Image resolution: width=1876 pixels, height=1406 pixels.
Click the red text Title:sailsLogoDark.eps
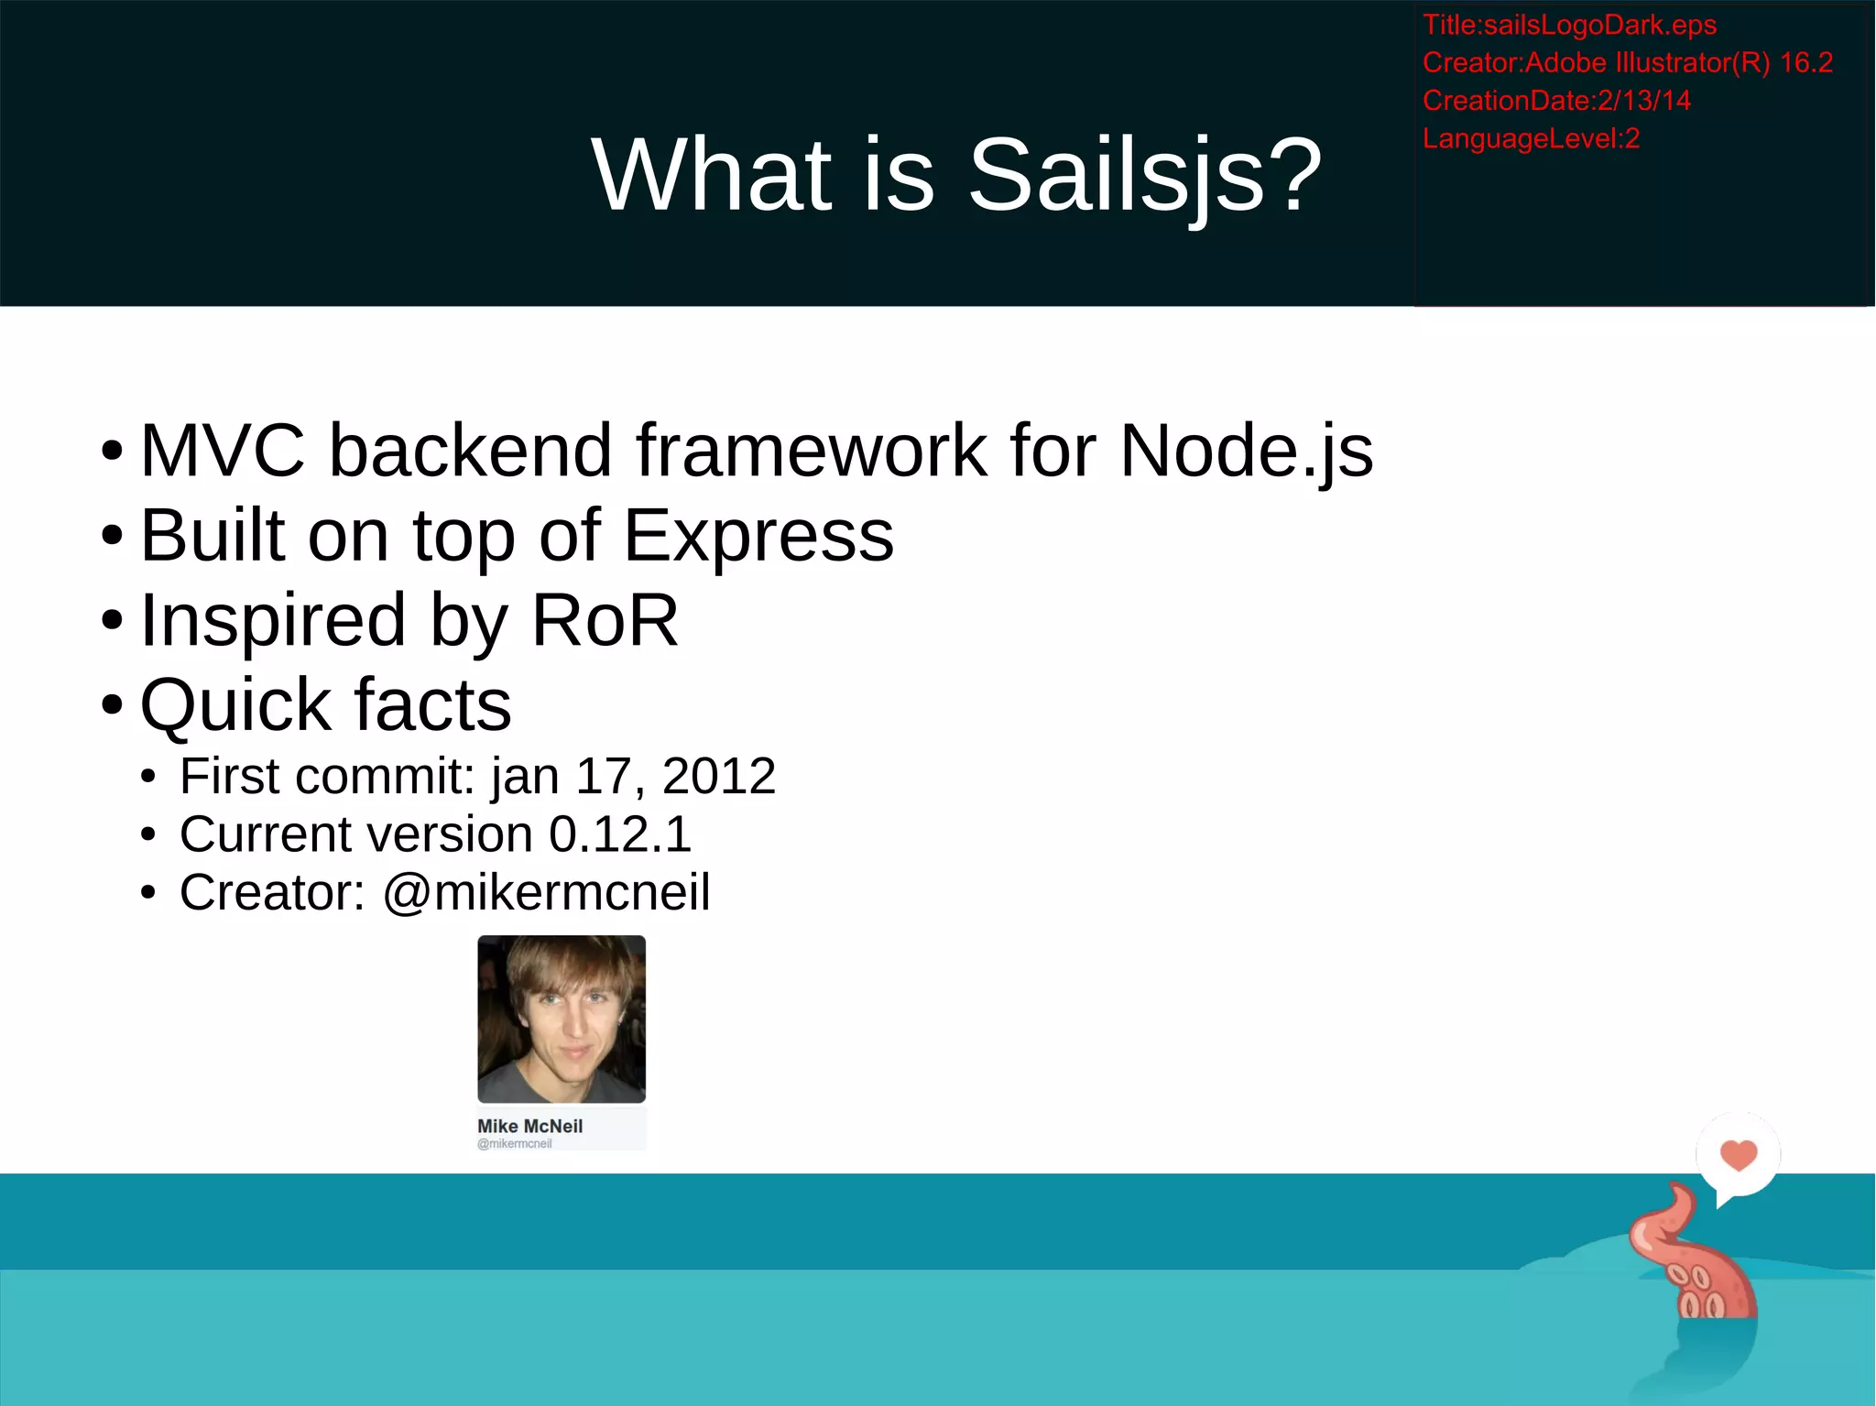pos(1568,25)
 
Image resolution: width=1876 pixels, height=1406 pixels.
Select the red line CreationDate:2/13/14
pos(1555,100)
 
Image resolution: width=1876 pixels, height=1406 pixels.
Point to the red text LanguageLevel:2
pos(1530,138)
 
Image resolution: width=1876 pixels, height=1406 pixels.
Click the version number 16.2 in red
pos(1805,62)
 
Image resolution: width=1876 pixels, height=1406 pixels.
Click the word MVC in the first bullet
pos(222,451)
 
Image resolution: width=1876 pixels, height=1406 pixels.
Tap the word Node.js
pos(1246,451)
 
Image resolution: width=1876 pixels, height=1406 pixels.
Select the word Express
pos(758,536)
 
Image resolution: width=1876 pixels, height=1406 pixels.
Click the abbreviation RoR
pos(605,620)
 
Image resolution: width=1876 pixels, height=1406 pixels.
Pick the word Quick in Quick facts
pos(234,705)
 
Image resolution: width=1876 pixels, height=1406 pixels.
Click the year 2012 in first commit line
pos(718,776)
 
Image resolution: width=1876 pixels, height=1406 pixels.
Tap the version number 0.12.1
pos(619,834)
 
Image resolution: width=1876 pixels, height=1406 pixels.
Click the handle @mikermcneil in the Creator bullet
pos(546,892)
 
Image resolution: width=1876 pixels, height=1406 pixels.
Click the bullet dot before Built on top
pos(112,536)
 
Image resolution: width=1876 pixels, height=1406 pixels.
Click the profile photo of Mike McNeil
pos(562,1019)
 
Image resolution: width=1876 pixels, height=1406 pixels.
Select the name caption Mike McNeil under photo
pos(529,1126)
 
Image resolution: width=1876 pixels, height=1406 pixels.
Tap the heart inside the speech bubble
pos(1738,1154)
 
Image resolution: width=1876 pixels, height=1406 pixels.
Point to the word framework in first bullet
pos(812,451)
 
